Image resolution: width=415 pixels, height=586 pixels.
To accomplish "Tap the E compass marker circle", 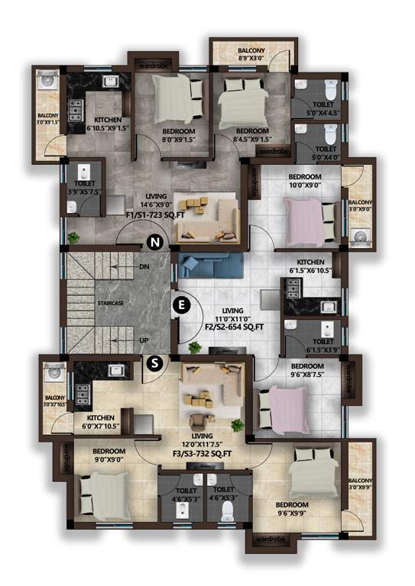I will (181, 305).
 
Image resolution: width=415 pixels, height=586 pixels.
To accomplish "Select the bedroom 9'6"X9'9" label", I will (292, 510).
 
